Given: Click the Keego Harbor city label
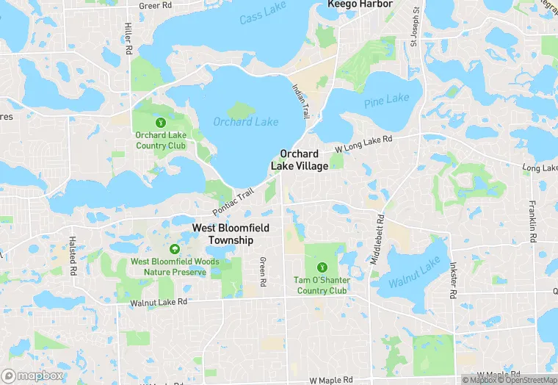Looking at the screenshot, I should [x=360, y=4].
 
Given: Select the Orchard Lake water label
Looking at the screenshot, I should [x=246, y=122].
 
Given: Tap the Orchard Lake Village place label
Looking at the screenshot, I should [x=300, y=159].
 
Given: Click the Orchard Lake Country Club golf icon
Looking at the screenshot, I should [x=161, y=121].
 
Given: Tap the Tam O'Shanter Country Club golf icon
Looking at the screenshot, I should [x=322, y=267].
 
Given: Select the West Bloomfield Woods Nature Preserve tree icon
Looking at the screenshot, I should [x=174, y=248].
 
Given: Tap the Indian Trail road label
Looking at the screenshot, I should [x=301, y=102].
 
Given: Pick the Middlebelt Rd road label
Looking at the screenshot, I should [x=380, y=239].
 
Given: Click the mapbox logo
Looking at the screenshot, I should [x=32, y=375].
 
